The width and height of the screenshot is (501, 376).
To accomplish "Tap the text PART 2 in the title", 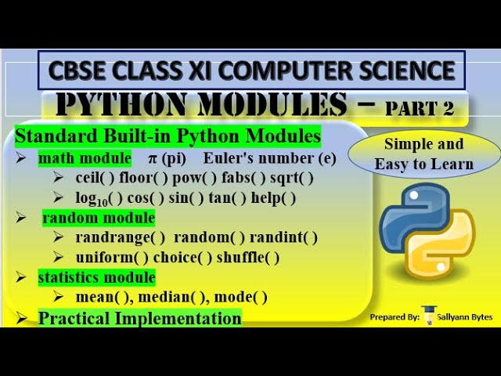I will tap(420, 107).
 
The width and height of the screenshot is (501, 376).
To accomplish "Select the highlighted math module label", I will tap(85, 158).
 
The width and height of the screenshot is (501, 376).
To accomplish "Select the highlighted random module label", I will tap(99, 218).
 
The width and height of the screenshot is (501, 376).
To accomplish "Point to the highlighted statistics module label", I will tap(96, 277).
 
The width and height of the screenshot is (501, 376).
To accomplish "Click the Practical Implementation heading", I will tap(139, 318).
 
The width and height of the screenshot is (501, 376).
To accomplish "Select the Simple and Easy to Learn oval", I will tap(424, 154).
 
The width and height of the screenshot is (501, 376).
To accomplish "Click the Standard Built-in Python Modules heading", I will tap(168, 136).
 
